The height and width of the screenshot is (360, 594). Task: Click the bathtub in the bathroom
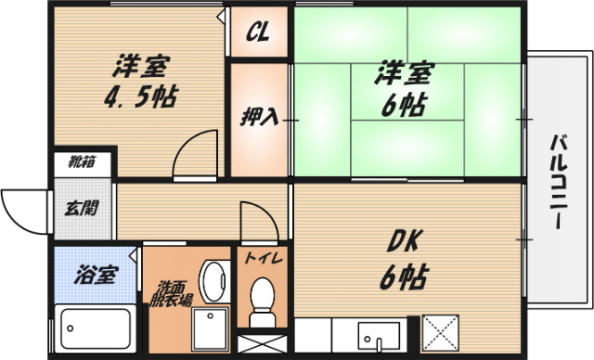click(x=96, y=327)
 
